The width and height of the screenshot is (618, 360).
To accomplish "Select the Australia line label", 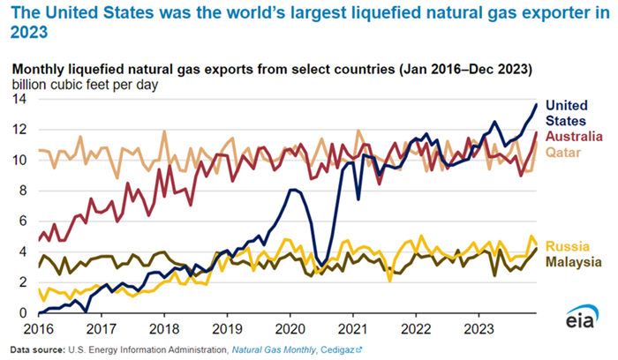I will point(574,136).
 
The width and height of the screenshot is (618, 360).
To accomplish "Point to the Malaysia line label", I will point(574,262).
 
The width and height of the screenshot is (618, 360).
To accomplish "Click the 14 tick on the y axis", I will point(19,100).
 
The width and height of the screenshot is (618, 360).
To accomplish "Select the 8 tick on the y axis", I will point(22,191).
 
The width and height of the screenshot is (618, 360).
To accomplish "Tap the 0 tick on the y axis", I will point(22,313).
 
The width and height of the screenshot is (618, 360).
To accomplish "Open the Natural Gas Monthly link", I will point(275,350).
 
